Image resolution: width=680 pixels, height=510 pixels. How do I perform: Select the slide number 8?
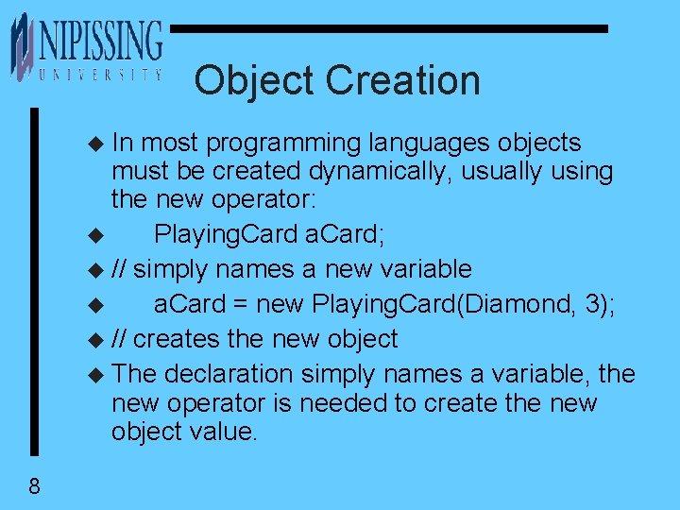34,487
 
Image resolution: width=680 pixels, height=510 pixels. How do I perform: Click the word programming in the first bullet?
282,144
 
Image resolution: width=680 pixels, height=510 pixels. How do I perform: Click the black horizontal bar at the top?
387,29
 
